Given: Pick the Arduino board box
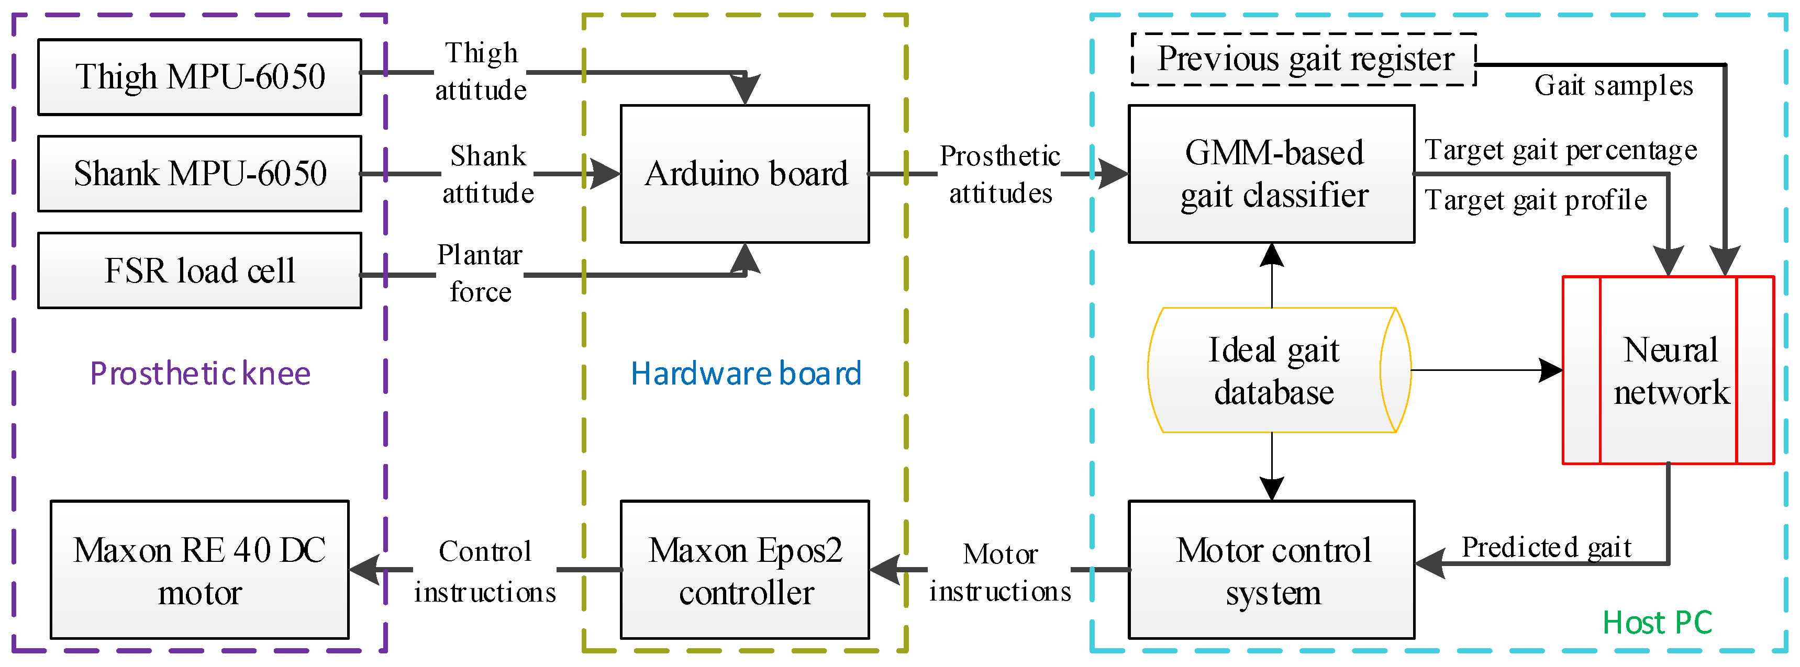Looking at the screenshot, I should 745,174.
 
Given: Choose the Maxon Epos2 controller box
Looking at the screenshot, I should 745,569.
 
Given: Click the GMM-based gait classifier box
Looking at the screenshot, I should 1272,174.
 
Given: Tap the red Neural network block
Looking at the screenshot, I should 1669,370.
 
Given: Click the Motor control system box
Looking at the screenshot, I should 1272,569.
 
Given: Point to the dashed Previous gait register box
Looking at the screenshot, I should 1304,59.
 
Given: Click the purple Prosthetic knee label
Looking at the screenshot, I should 200,374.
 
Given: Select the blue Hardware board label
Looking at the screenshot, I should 746,374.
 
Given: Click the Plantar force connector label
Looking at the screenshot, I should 480,273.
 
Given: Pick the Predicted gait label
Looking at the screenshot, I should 1547,547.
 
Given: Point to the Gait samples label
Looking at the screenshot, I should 1614,86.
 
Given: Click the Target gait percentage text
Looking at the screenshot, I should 1560,150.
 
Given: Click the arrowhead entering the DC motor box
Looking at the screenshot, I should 364,569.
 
